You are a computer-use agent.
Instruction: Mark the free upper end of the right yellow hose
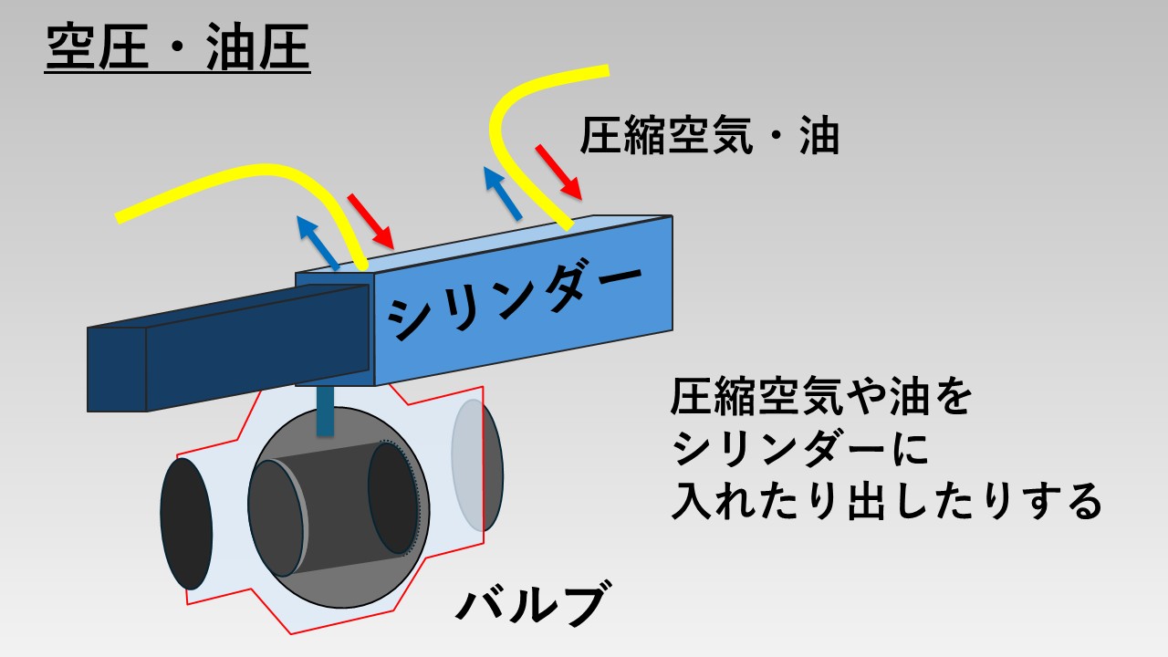(x=609, y=70)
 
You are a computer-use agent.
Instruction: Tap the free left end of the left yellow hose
(x=118, y=218)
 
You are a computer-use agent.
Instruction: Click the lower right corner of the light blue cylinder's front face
(x=673, y=330)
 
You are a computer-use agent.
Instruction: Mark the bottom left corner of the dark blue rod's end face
(x=88, y=412)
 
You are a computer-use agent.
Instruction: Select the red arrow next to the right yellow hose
(x=558, y=172)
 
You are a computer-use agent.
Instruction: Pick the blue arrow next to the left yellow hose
(x=318, y=243)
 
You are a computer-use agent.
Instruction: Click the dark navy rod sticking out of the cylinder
(x=228, y=348)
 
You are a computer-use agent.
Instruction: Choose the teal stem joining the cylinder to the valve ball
(x=326, y=411)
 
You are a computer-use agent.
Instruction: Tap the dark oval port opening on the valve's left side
(x=186, y=524)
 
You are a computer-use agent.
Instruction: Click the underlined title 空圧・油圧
(x=177, y=47)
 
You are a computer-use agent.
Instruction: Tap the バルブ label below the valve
(x=533, y=604)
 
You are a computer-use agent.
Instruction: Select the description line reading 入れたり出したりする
(x=886, y=500)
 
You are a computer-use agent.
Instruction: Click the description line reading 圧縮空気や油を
(x=820, y=396)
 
